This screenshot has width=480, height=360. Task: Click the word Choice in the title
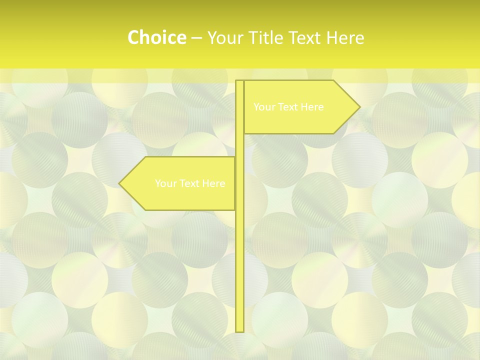156,37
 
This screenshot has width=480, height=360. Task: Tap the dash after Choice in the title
196,38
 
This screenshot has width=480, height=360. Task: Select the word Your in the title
224,37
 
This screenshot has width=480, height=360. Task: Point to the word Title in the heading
264,37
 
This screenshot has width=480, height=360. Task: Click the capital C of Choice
133,37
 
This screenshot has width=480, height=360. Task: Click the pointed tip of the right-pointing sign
359,106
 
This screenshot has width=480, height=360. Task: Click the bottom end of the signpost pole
239,330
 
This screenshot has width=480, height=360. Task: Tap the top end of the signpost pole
239,81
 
